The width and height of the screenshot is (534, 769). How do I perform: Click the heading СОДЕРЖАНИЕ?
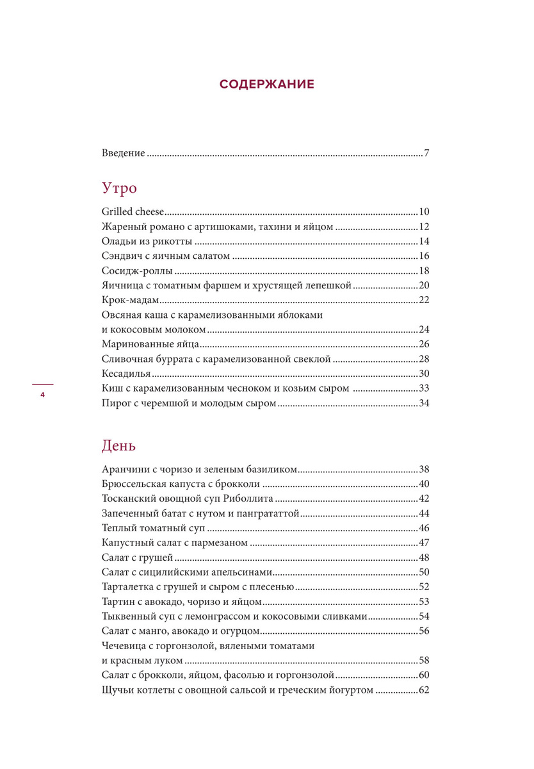(x=266, y=84)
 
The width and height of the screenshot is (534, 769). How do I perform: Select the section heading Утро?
(x=119, y=188)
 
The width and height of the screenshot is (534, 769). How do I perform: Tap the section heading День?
(x=118, y=445)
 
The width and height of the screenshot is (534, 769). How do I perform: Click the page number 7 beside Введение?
(x=426, y=154)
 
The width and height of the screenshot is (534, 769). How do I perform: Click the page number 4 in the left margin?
(x=42, y=395)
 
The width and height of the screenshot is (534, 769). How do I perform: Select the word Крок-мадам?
(x=130, y=301)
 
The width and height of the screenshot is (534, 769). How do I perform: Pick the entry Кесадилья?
(x=126, y=374)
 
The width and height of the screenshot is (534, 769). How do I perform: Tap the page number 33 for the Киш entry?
(x=423, y=388)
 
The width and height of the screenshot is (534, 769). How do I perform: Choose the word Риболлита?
(x=251, y=499)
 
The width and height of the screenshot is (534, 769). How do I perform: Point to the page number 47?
(x=423, y=543)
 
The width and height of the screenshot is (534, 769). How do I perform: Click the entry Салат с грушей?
(x=137, y=558)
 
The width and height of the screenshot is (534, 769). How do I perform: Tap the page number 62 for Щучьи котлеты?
(x=423, y=691)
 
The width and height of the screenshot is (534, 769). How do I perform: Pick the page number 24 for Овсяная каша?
(x=423, y=330)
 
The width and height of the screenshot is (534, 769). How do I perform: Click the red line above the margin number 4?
(x=42, y=384)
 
